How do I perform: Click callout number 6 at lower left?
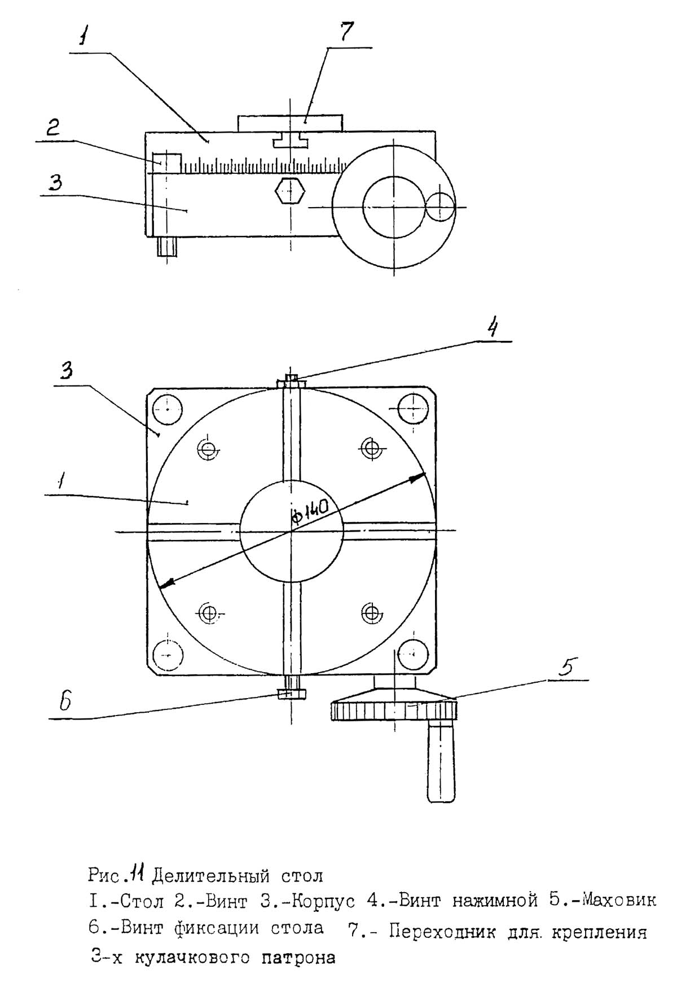[x=66, y=701]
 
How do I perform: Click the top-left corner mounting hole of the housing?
[x=168, y=407]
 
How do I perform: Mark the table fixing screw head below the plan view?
[x=291, y=694]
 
